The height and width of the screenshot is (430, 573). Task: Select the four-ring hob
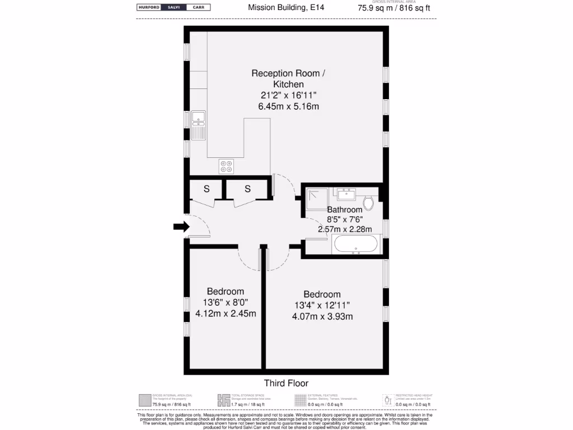tap(226, 166)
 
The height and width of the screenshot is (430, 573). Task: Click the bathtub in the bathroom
tap(356, 244)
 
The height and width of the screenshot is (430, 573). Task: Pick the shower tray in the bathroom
tap(317, 199)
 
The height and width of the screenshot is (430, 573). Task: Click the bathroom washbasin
tap(345, 195)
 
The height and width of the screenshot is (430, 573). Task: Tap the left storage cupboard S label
tap(206, 189)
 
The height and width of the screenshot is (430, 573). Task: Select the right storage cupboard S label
tap(247, 189)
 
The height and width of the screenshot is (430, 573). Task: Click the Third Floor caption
tap(286, 384)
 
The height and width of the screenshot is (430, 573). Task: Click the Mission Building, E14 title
tap(286, 8)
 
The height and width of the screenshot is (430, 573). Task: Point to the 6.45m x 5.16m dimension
tap(286, 106)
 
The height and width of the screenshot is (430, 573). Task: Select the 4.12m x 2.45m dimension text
tap(226, 314)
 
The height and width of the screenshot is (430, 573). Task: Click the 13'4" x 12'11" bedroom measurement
tap(322, 305)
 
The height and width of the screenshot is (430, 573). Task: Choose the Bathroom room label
tap(345, 210)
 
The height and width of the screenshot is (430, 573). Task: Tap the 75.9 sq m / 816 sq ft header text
tap(394, 8)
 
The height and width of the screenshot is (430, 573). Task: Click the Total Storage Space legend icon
tap(223, 400)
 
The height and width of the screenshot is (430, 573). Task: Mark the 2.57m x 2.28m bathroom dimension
tap(345, 229)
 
